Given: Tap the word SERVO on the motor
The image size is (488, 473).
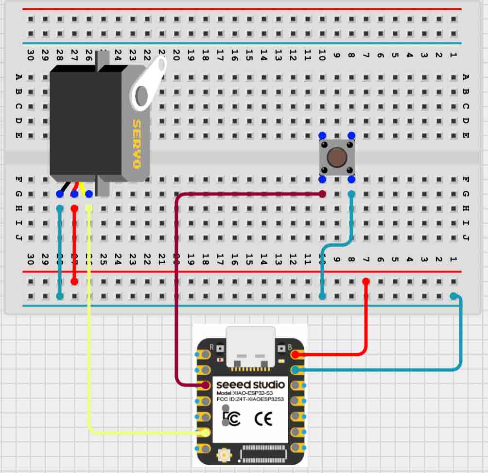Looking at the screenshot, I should (137, 144).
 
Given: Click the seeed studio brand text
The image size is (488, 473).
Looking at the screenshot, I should (250, 385).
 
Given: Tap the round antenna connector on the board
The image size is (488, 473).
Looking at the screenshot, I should (225, 456).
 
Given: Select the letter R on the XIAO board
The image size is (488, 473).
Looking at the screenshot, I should (211, 347).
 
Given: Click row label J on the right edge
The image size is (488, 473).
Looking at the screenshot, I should (466, 238).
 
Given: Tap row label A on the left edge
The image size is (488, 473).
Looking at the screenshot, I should (19, 76).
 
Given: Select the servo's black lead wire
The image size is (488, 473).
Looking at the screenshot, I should (63, 188).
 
